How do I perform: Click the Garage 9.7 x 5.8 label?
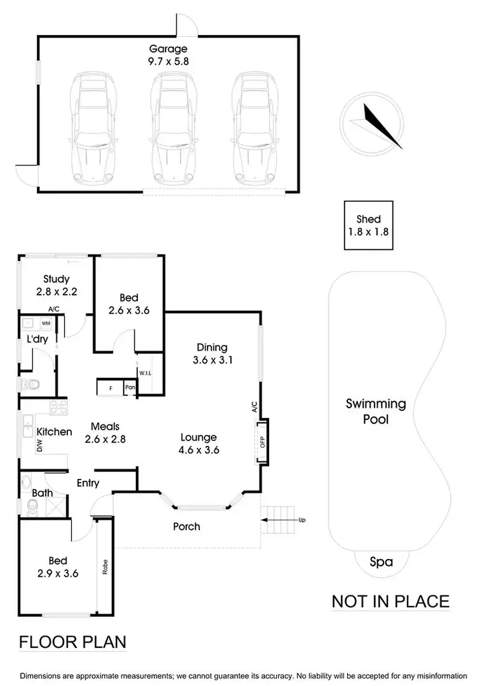168,55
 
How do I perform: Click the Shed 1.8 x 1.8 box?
368,225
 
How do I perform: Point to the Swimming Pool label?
376,412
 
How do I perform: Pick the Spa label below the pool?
381,562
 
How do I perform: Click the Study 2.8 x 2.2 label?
56,285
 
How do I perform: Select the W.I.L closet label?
145,373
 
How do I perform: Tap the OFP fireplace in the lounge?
262,442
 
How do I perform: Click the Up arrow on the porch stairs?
279,519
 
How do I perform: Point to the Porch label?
186,527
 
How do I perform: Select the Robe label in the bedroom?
103,568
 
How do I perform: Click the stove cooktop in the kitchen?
58,408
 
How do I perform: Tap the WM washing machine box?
46,322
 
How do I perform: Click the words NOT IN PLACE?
390,601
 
